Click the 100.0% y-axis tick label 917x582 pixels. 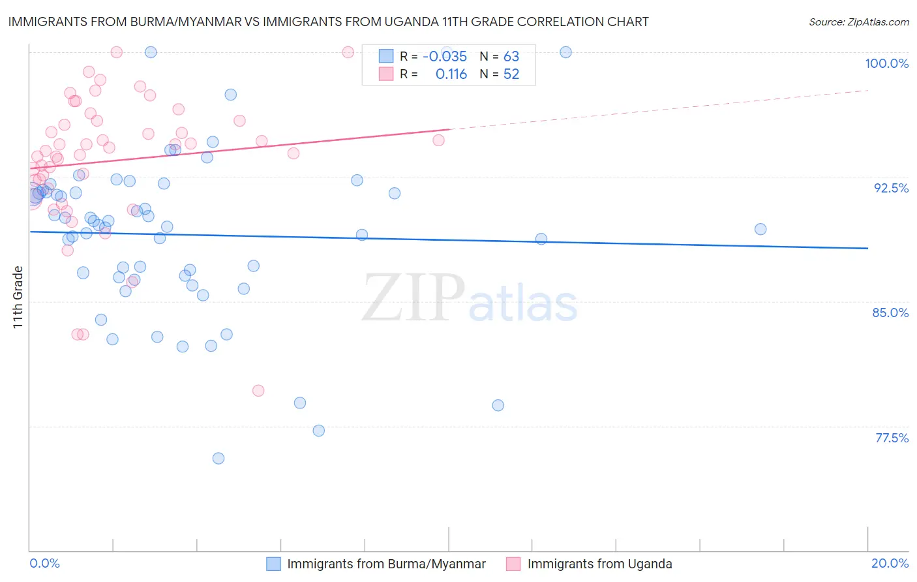886,63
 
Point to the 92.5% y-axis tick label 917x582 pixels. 891,188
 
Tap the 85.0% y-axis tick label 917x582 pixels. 890,313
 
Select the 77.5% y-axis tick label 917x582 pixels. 892,438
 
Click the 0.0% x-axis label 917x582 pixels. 44,563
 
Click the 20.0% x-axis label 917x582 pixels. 890,563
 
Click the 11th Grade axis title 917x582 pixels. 18,297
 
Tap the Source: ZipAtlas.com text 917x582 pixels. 858,22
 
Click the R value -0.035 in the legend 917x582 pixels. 445,57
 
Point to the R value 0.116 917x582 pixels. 451,74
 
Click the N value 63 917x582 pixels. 511,57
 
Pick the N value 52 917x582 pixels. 511,74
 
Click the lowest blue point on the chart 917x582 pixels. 218,458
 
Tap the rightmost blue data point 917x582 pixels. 760,229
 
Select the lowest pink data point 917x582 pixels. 258,391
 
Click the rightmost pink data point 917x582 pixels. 439,140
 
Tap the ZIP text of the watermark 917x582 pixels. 413,298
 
